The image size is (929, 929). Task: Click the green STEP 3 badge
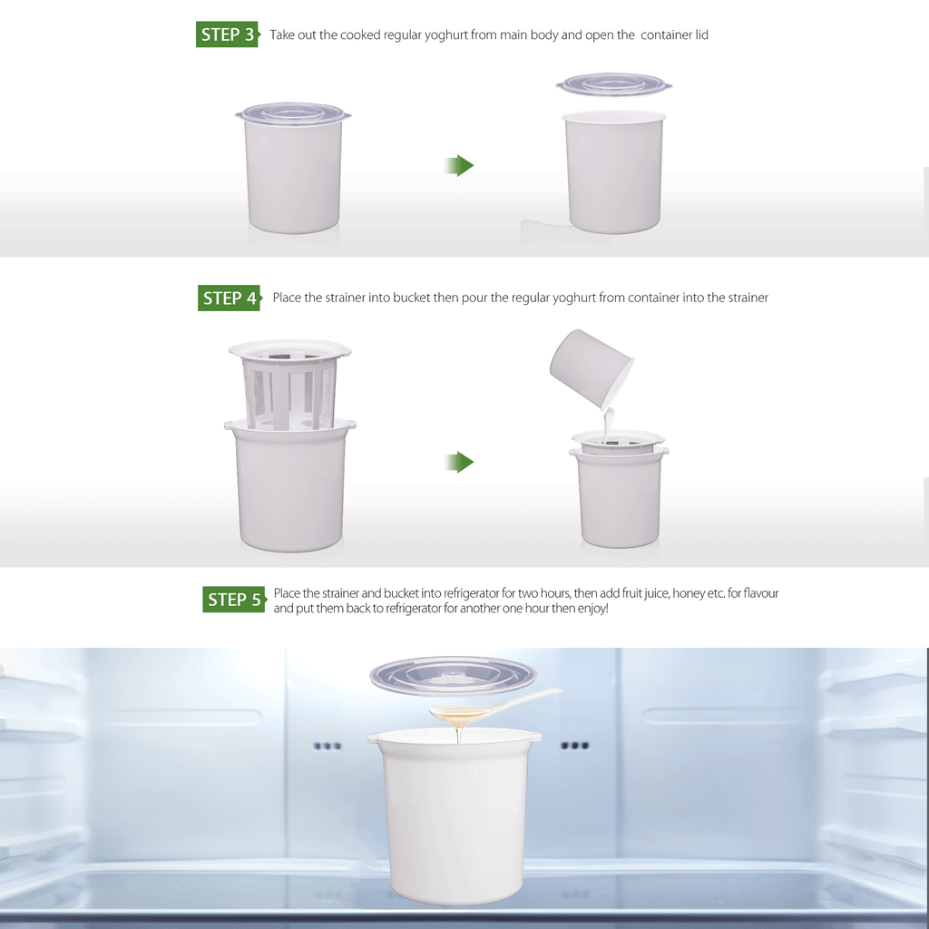pos(228,34)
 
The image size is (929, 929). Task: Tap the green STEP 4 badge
pos(230,298)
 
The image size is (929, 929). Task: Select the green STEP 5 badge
pos(234,599)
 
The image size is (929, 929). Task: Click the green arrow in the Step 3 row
pos(460,166)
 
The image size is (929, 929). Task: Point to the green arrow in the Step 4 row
pos(460,462)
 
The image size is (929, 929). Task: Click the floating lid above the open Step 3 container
pos(614,84)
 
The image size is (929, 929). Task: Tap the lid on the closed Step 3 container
pos(293,113)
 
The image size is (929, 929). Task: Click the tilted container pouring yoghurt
pos(592,368)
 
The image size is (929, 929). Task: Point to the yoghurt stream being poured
pos(607,425)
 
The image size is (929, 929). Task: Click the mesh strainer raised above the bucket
pos(289,384)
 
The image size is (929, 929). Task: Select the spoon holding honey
pos(494,707)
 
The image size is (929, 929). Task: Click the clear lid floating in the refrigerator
pos(454,675)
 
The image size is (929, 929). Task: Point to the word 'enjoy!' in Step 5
pos(593,609)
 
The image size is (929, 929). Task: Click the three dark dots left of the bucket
pos(328,746)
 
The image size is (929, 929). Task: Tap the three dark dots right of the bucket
pos(575,746)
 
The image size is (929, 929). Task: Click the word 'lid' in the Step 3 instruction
pos(702,35)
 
